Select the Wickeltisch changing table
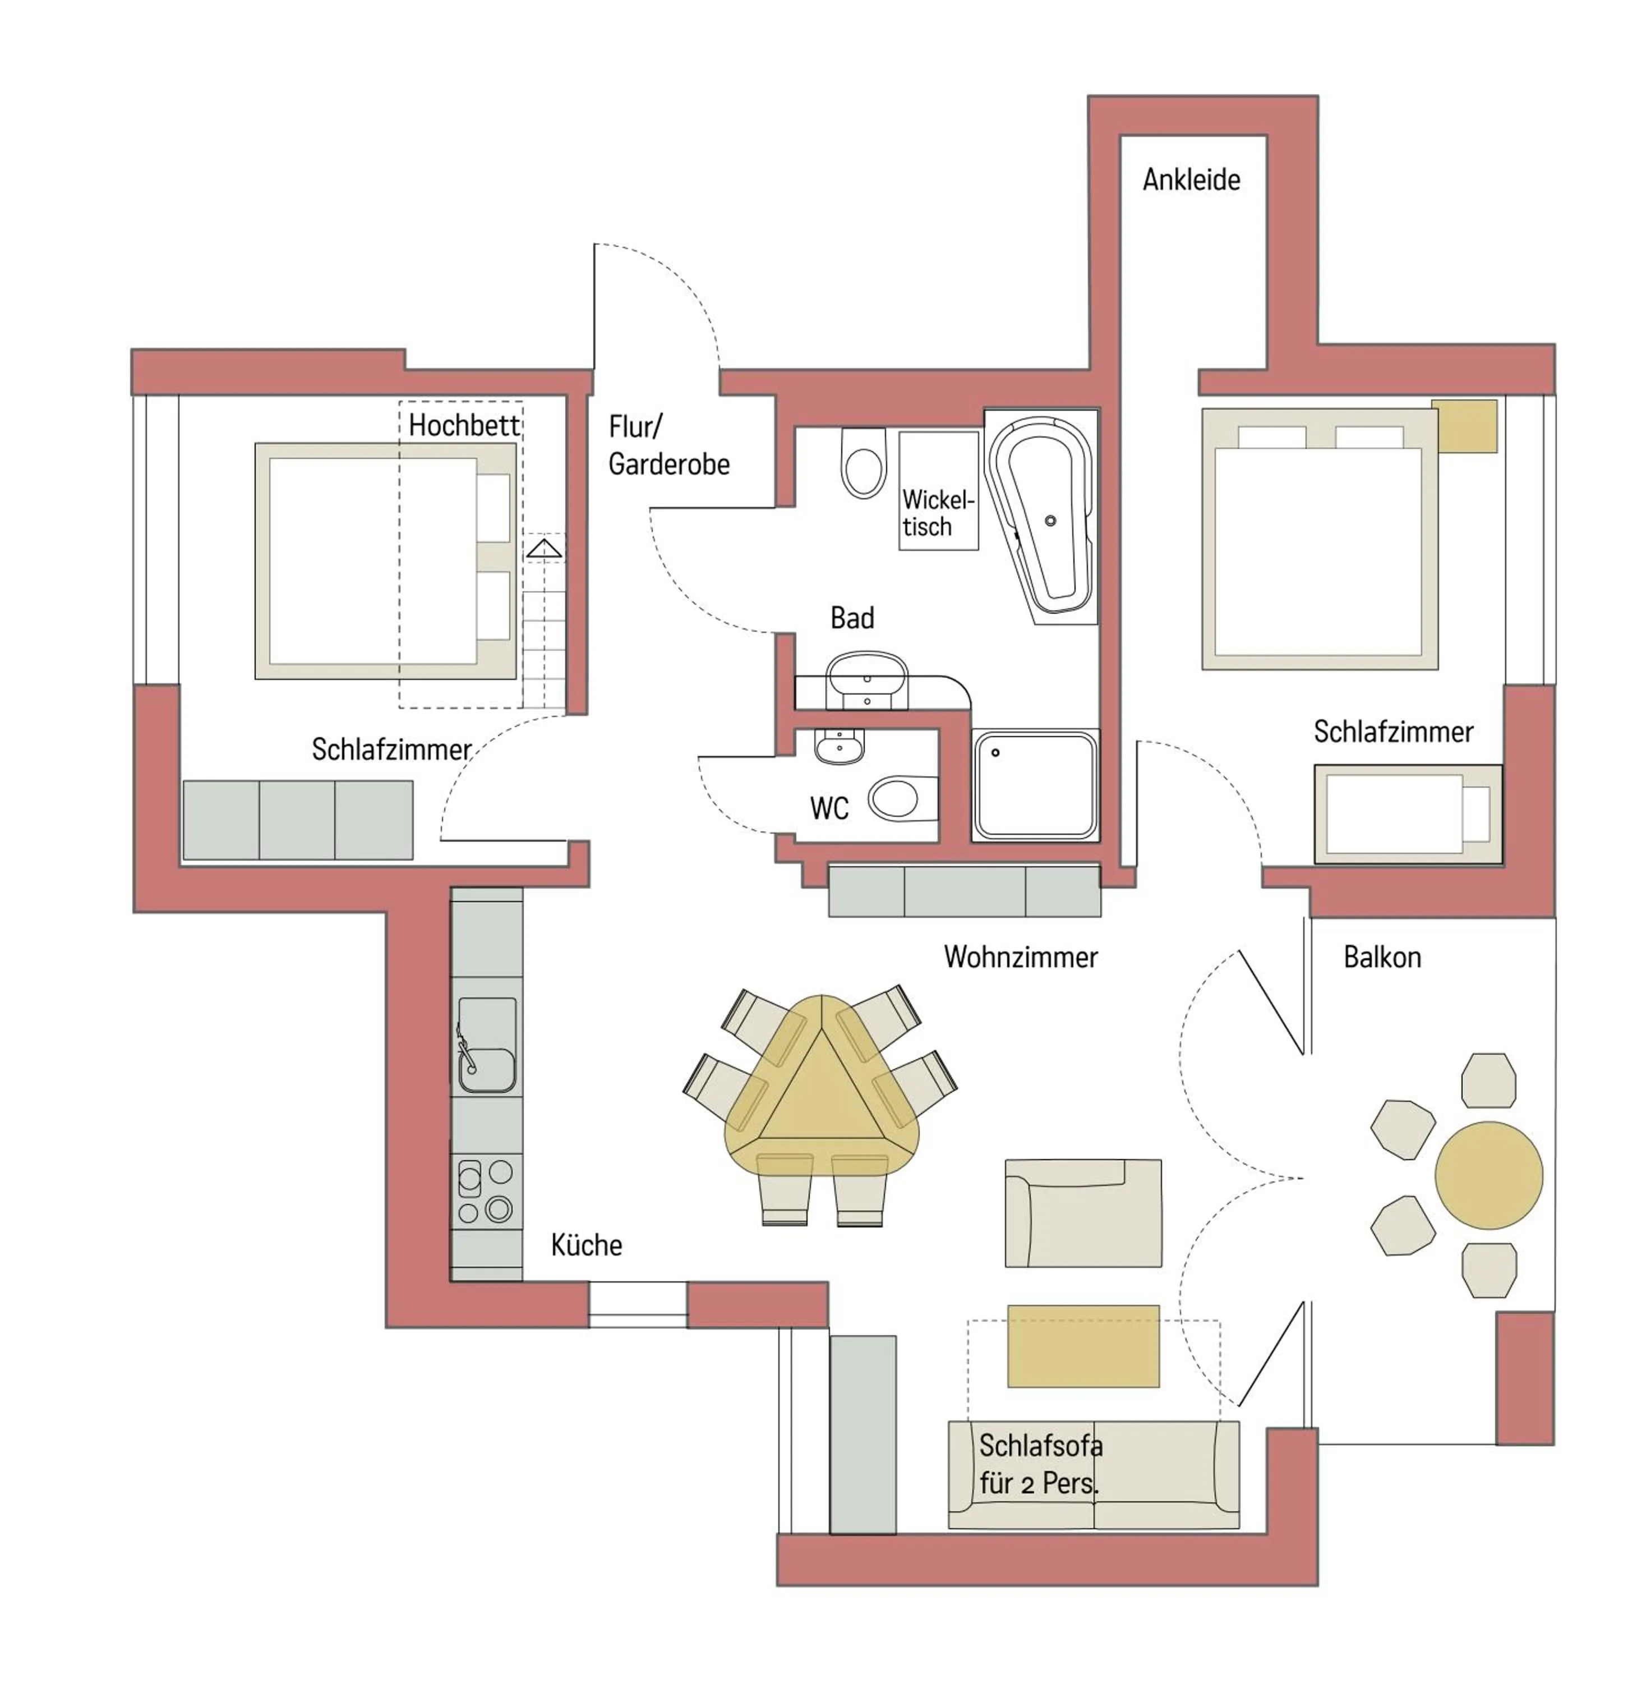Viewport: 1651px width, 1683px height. pyautogui.click(x=938, y=491)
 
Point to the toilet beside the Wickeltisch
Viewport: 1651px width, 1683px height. pyautogui.click(x=864, y=462)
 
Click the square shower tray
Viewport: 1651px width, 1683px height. pyautogui.click(x=1035, y=785)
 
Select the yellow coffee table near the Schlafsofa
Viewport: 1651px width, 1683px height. pyautogui.click(x=1083, y=1345)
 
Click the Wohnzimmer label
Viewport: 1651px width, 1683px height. pyautogui.click(x=1021, y=957)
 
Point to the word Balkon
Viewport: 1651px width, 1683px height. pyautogui.click(x=1382, y=957)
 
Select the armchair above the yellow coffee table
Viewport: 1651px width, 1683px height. pyautogui.click(x=1083, y=1213)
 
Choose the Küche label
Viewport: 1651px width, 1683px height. pyautogui.click(x=586, y=1245)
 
